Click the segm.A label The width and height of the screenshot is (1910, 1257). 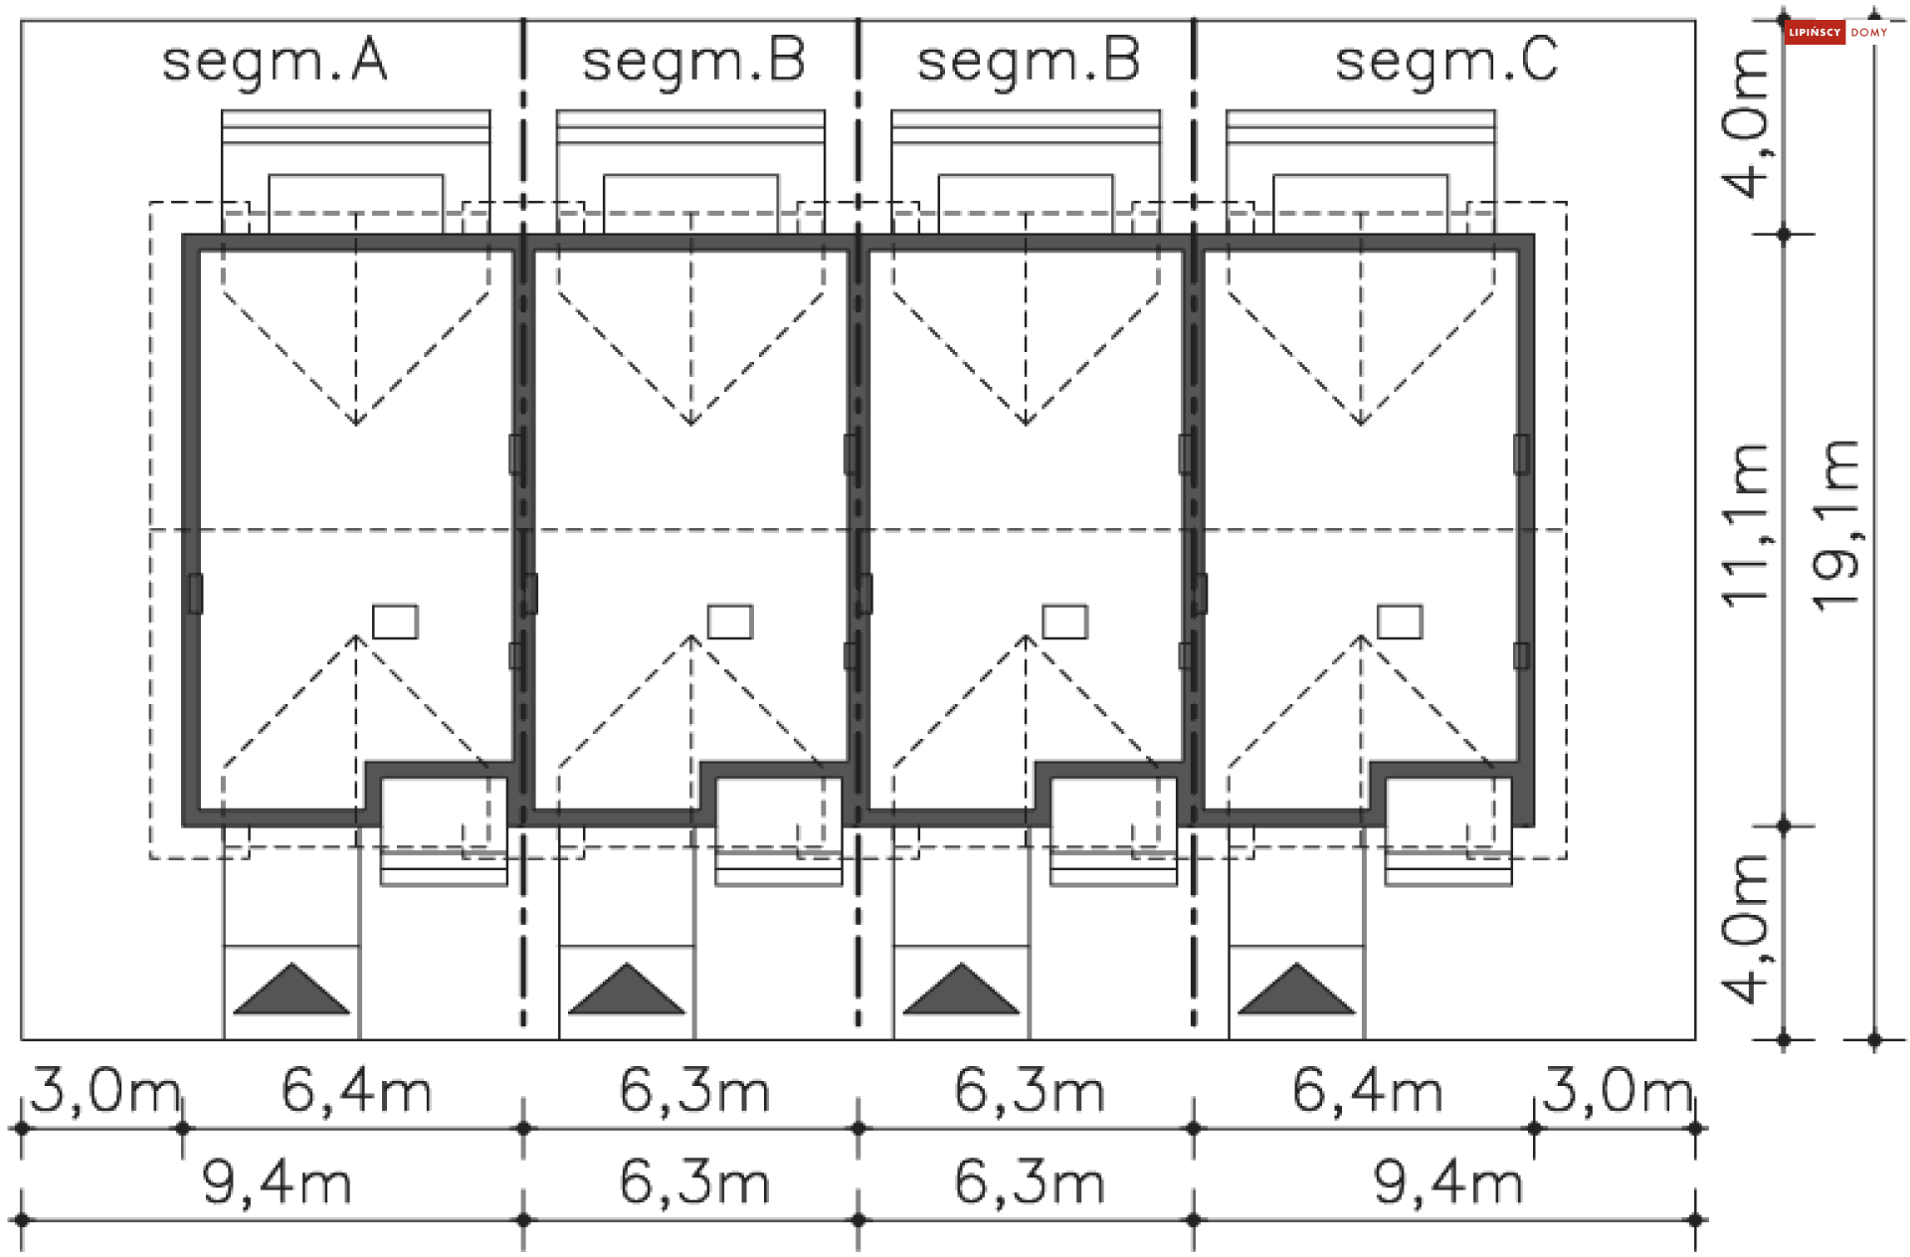coord(275,62)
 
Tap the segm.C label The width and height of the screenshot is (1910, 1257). coord(1446,62)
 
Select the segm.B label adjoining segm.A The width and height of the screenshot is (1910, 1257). coord(693,62)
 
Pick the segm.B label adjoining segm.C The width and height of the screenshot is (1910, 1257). coord(1029,62)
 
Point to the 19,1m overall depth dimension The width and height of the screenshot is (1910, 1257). coord(1836,524)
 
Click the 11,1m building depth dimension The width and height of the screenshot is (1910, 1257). coord(1747,524)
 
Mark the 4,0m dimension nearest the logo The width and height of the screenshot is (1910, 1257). coord(1747,123)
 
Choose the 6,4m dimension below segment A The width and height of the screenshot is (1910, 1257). coord(357,1091)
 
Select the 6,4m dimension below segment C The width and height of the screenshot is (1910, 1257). coord(1368,1091)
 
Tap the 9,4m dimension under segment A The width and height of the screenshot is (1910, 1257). coord(278,1183)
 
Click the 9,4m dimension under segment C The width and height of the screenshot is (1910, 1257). coord(1448,1183)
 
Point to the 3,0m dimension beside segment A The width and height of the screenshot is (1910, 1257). coord(104,1091)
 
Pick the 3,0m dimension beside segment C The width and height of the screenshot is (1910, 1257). coord(1618,1091)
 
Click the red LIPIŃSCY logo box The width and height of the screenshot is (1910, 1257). coord(1814,33)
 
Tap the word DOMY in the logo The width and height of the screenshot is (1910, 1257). coord(1869,33)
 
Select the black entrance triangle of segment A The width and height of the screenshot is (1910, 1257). coord(291,990)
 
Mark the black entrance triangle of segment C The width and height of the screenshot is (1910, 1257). coord(1296,990)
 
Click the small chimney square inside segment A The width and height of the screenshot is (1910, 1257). coord(395,622)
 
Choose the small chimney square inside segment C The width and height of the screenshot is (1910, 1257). coord(1400,622)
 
